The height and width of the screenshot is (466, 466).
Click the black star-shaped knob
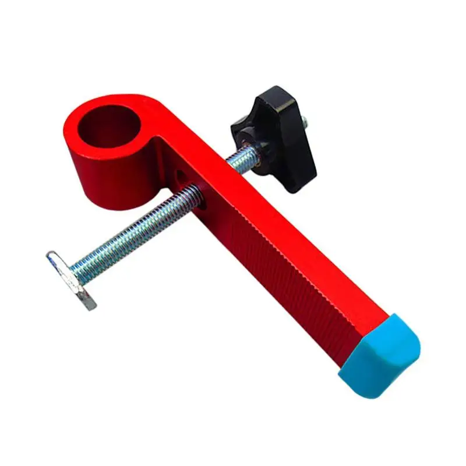(274, 131)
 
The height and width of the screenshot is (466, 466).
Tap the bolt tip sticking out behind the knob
(306, 122)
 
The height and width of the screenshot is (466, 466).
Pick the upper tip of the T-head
(52, 256)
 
